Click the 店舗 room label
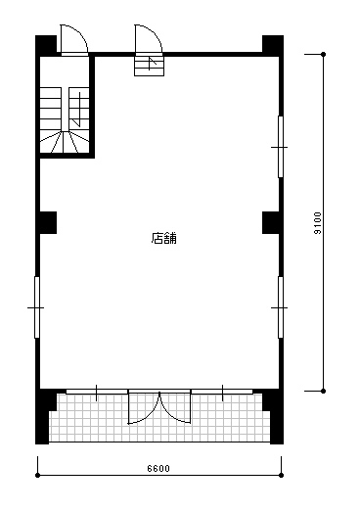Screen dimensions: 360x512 (x=163, y=238)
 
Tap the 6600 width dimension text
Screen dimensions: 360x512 (x=158, y=469)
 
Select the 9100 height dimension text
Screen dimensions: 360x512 (x=317, y=223)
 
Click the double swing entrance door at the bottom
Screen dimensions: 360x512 (x=159, y=406)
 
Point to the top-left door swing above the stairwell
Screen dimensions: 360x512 (x=74, y=38)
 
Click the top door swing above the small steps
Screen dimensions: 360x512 (x=149, y=38)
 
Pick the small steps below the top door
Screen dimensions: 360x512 (x=149, y=66)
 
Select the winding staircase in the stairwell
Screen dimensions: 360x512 (x=65, y=119)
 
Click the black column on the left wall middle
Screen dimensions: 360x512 (x=48, y=222)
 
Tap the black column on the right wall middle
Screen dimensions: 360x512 (x=271, y=222)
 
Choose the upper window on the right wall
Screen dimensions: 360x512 (x=281, y=147)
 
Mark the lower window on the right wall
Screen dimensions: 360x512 (x=281, y=307)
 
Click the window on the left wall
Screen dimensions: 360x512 (x=37, y=307)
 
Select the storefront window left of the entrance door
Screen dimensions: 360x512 (x=97, y=392)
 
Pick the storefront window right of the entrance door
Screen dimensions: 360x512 (x=222, y=392)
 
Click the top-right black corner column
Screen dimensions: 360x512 (x=273, y=46)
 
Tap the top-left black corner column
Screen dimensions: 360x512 (x=46, y=46)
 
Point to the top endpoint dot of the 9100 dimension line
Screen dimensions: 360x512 (x=324, y=54)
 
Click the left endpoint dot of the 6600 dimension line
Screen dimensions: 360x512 (x=37, y=475)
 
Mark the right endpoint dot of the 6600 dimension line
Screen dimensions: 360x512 (x=282, y=475)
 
